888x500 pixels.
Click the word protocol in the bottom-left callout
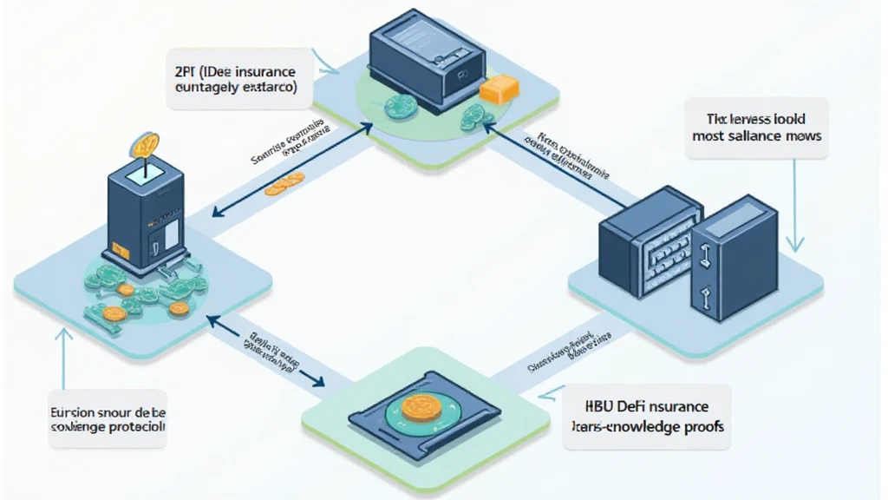136,427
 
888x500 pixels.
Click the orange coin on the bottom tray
421,407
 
